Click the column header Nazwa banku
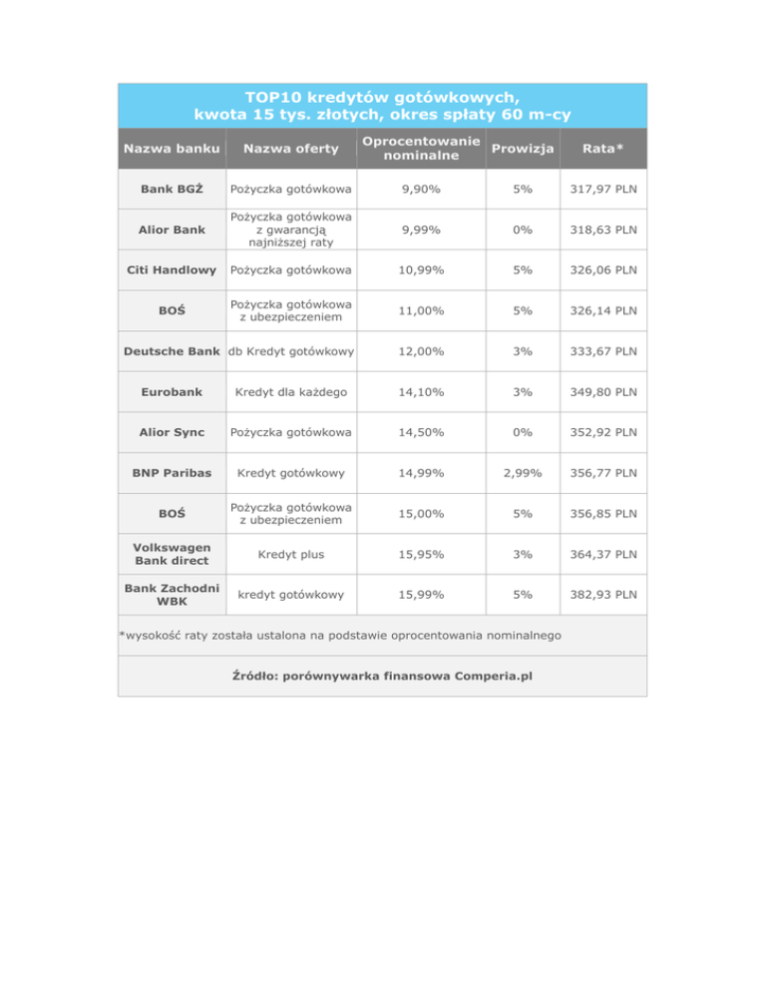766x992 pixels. pyautogui.click(x=169, y=149)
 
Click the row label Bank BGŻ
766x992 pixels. pyautogui.click(x=169, y=190)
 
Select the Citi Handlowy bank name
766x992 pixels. pyautogui.click(x=169, y=270)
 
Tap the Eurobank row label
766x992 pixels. pyautogui.click(x=169, y=392)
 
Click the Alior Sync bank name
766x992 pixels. pyautogui.click(x=169, y=433)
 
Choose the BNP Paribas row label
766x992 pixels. pyautogui.click(x=169, y=473)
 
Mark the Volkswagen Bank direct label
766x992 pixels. pyautogui.click(x=169, y=554)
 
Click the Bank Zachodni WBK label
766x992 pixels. pyautogui.click(x=169, y=595)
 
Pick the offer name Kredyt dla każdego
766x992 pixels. pyautogui.click(x=291, y=392)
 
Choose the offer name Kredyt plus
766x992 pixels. pyautogui.click(x=291, y=554)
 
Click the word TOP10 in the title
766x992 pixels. pyautogui.click(x=274, y=97)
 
